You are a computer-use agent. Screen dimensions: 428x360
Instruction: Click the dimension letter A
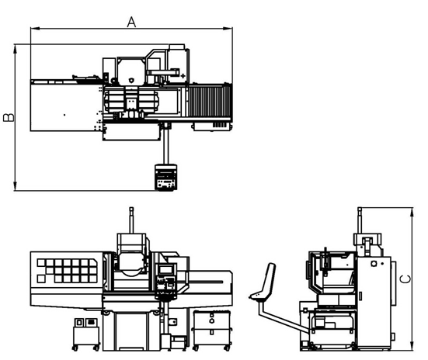131,22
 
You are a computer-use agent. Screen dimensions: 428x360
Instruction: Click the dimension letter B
9,117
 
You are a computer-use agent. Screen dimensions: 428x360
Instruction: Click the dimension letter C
405,279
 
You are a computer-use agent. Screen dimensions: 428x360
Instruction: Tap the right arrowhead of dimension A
228,28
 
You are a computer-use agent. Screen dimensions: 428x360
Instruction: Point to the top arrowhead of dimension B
16,49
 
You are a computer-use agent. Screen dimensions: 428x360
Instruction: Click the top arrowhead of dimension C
412,212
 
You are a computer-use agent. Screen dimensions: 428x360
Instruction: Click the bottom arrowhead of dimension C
412,346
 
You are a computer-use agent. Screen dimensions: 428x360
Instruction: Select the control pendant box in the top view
165,177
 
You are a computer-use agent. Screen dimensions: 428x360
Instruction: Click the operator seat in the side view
263,284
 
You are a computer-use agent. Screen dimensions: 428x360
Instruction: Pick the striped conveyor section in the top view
209,101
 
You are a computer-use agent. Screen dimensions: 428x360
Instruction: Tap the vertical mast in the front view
131,220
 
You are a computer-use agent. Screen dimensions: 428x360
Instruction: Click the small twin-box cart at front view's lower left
86,334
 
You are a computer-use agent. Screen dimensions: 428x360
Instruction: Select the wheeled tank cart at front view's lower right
212,331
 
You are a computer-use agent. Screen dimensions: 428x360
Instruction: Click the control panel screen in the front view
165,270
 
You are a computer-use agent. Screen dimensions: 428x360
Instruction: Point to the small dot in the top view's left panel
64,115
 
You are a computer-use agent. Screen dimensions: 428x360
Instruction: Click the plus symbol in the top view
183,76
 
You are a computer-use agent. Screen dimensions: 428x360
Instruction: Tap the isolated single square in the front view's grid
41,279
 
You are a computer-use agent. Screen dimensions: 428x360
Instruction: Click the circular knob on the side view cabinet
374,264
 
